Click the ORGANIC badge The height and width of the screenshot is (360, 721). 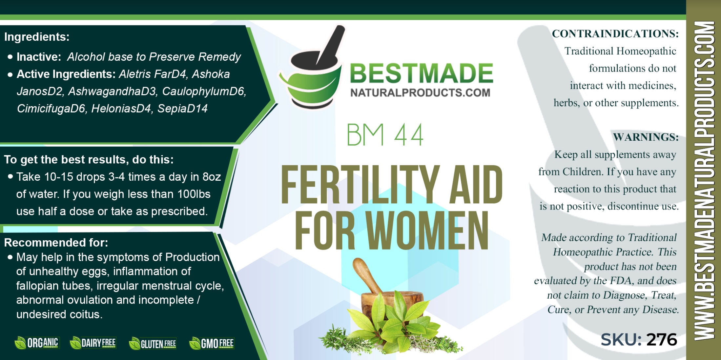coord(37,343)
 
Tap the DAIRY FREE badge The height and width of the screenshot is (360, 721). coord(93,343)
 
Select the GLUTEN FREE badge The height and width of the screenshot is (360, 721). coord(153,344)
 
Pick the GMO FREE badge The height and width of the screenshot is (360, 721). coord(212,343)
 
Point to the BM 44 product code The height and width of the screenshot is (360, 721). coord(385,135)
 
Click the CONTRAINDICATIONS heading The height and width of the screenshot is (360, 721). coord(615,34)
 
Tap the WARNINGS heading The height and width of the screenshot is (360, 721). coord(646,137)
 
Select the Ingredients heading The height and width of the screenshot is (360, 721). coord(37,37)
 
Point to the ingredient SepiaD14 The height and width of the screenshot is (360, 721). coord(182,109)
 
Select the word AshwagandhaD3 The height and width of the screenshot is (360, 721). coord(112,91)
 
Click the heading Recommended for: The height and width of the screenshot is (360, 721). coord(56,242)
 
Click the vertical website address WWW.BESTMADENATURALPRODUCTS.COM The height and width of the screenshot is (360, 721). coord(704,180)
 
